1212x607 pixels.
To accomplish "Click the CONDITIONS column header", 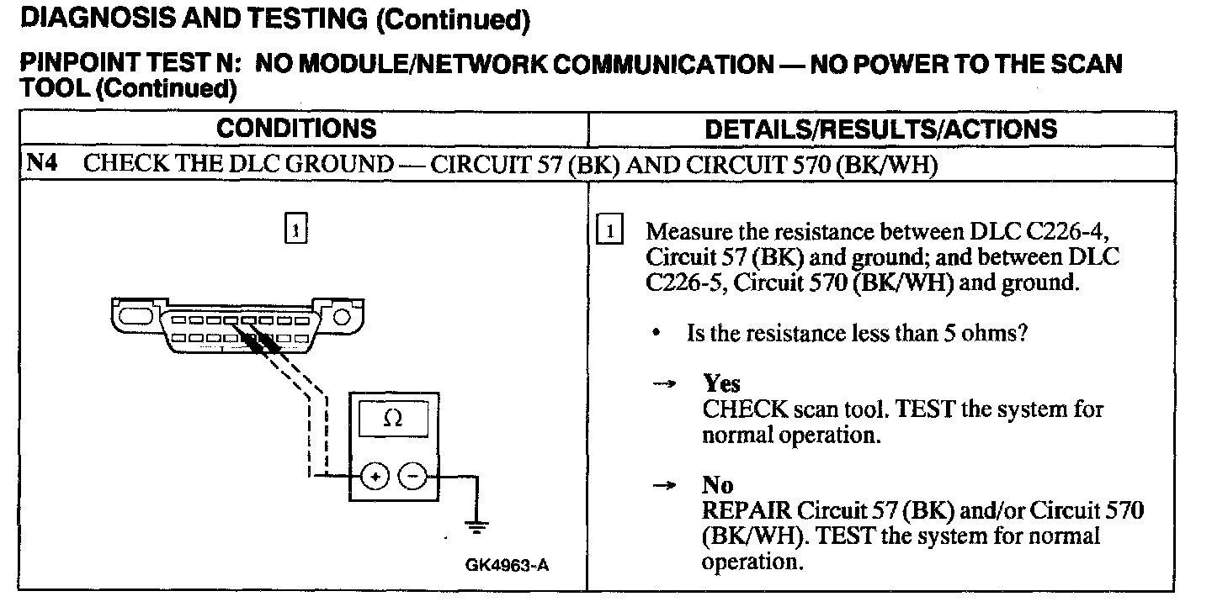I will (296, 129).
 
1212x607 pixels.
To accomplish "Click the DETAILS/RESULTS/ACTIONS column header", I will (880, 129).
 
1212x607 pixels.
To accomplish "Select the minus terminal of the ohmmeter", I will (412, 477).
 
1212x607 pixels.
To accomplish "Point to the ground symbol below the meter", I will (477, 528).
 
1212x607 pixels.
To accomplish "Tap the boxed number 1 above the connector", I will (295, 229).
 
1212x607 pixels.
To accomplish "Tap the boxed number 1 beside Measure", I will (609, 230).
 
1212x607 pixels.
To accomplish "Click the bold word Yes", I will (721, 384).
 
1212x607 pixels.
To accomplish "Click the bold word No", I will (717, 485).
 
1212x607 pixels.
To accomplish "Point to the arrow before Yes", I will (665, 384).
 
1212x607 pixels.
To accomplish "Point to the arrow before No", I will (665, 485).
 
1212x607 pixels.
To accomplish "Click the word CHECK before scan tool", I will (742, 409).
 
